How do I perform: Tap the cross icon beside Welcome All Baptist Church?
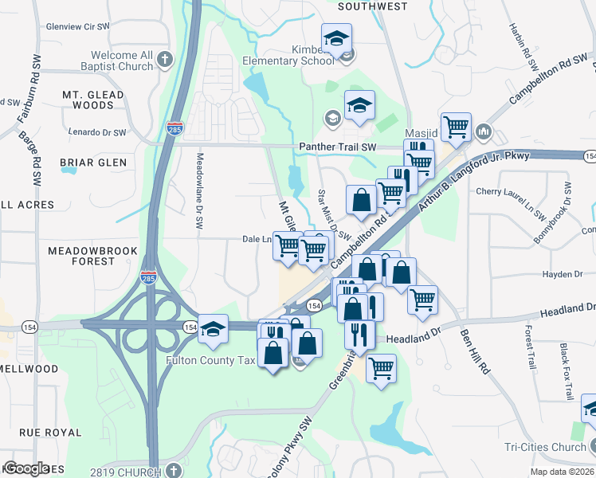pyautogui.click(x=165, y=59)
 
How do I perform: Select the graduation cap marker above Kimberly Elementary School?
pyautogui.click(x=336, y=37)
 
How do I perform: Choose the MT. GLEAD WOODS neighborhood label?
pyautogui.click(x=93, y=100)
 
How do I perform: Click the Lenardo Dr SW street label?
pyautogui.click(x=96, y=132)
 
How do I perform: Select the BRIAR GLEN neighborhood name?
pyautogui.click(x=93, y=163)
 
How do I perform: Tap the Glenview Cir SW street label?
pyautogui.click(x=76, y=26)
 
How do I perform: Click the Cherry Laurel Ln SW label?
pyautogui.click(x=510, y=192)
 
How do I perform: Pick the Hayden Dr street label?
pyautogui.click(x=562, y=274)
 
